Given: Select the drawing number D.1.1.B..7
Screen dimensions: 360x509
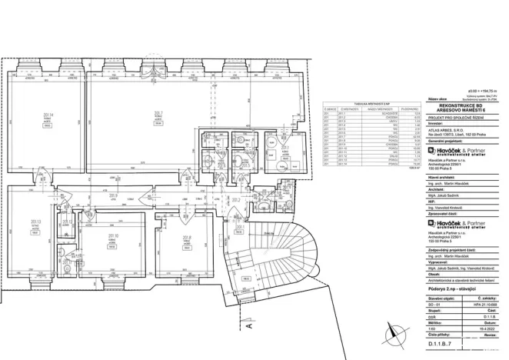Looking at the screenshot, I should click(444, 354).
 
